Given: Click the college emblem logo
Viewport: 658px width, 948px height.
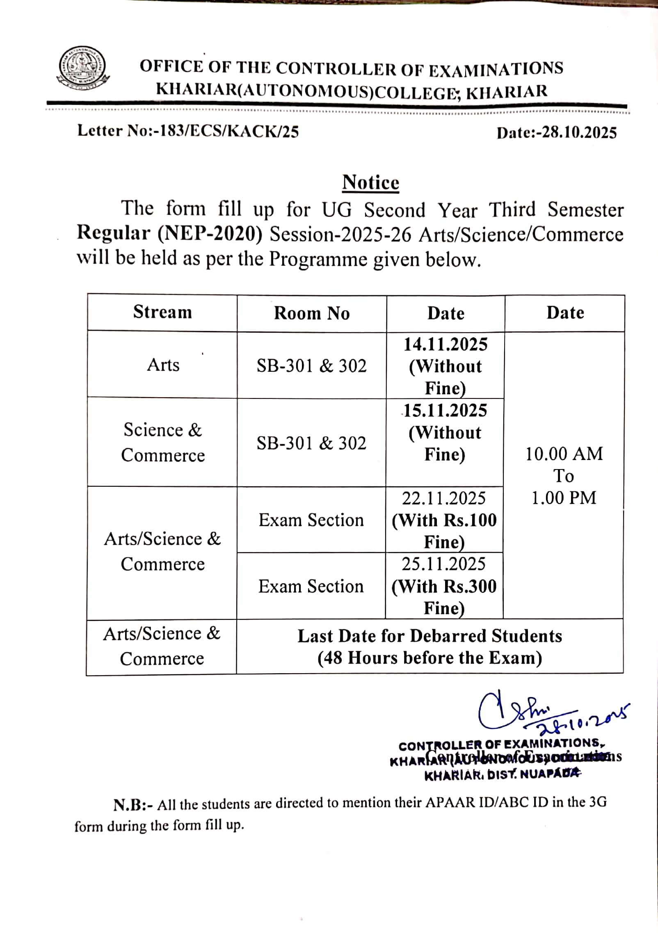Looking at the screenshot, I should [x=83, y=68].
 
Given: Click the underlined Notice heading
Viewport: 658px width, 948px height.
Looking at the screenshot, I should [x=370, y=182].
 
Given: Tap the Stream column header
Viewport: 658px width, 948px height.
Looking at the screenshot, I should [x=162, y=312].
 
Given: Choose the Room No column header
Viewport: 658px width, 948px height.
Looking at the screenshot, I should [x=312, y=313].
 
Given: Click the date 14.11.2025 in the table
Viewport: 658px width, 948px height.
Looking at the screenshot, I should [x=445, y=345].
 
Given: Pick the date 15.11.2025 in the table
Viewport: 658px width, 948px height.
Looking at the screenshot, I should [x=445, y=411].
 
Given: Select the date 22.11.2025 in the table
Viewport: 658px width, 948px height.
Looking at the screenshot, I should [x=444, y=498].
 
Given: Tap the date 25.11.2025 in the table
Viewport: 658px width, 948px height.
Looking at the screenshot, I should [x=443, y=564].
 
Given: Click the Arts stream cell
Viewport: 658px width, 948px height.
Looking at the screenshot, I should [x=163, y=365].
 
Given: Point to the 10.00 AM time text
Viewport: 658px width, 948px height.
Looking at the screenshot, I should [x=564, y=454].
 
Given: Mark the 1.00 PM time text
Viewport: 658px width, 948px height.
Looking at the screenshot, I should [x=564, y=498].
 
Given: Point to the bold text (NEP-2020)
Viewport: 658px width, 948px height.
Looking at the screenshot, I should [x=210, y=234].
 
